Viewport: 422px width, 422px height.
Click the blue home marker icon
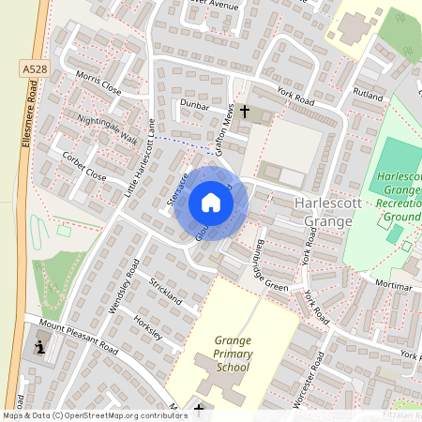(x=211, y=203)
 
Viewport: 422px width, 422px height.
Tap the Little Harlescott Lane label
(x=142, y=159)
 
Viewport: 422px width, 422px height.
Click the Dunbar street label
(x=195, y=107)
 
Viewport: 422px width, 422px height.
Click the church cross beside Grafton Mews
(x=245, y=113)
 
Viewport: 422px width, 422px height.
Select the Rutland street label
(x=369, y=95)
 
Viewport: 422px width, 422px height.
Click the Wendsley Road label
(x=124, y=285)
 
